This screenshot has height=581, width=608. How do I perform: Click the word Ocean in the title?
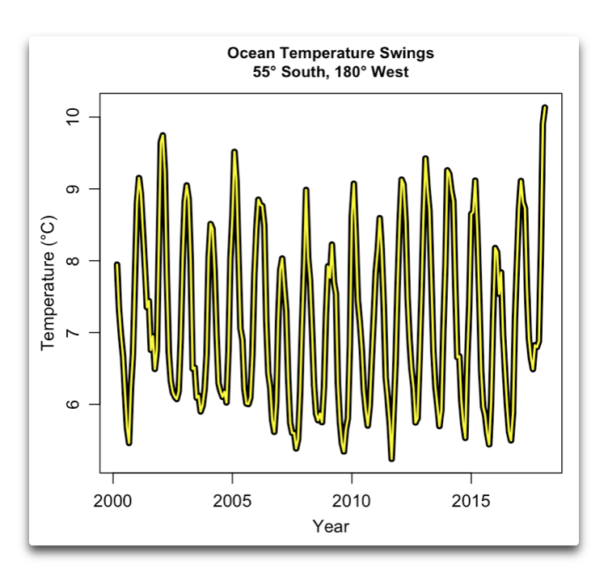pos(249,53)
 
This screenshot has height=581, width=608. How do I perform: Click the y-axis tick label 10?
pos(72,117)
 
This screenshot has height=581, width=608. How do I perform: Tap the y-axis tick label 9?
pos(72,189)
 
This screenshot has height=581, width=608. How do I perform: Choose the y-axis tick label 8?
pos(72,261)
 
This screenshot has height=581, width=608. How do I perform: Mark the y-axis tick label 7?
pos(72,333)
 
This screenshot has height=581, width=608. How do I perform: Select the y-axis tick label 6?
pos(72,404)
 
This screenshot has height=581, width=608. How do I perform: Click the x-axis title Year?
pos(331,527)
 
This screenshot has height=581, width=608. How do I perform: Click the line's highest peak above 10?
pos(544,107)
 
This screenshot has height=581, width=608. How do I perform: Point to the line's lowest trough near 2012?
pos(392,458)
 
